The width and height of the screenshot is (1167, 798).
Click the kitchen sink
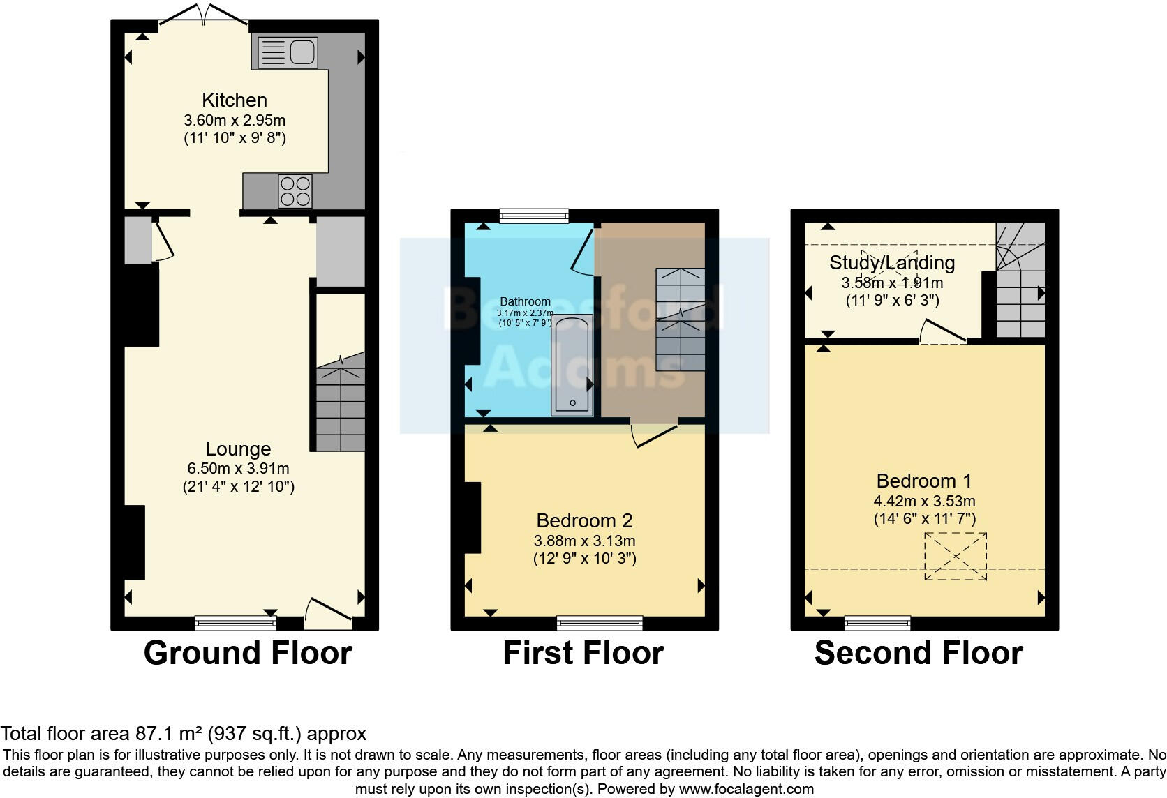288,53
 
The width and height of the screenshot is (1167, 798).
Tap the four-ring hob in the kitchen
295,190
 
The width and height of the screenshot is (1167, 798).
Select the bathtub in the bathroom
572,366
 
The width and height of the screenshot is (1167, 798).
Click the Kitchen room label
235,100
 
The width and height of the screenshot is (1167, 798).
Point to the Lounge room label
238,449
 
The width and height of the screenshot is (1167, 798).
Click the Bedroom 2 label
584,520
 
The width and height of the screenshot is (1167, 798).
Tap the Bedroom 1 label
924,481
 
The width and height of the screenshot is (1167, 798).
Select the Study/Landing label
892,263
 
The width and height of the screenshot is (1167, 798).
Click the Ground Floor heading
248,653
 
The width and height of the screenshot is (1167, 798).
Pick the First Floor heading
583,653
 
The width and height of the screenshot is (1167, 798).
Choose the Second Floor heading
919,653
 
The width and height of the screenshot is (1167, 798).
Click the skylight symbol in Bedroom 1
956,556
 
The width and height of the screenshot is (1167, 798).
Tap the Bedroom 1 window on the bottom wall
877,622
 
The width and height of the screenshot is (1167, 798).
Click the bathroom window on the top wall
534,216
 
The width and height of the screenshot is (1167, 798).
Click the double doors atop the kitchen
204,17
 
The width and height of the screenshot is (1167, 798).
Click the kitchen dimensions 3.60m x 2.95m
235,120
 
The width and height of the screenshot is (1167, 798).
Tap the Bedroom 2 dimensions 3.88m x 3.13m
584,541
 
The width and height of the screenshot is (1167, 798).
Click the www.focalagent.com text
746,790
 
